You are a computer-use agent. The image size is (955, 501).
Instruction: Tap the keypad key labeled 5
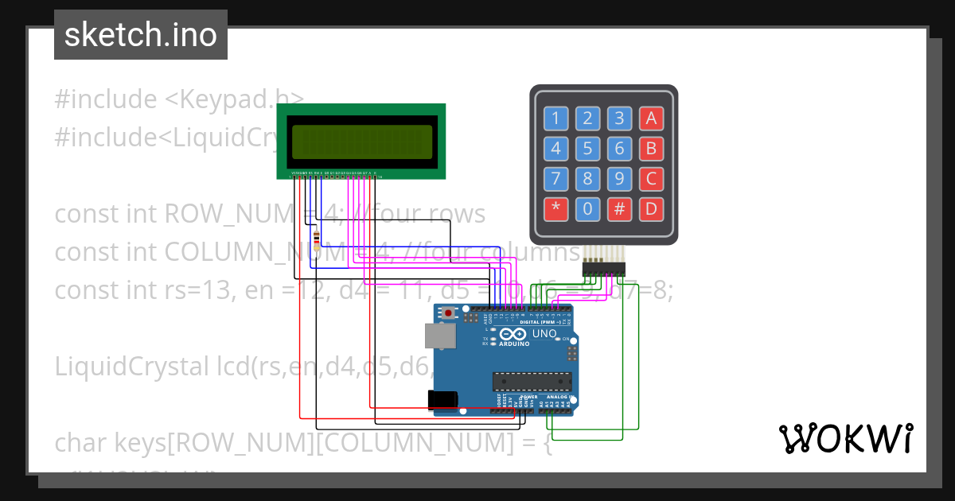(587, 149)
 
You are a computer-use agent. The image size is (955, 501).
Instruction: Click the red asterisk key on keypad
(555, 209)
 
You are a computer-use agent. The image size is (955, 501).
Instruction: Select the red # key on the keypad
(619, 209)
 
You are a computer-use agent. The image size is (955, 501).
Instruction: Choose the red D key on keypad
(651, 209)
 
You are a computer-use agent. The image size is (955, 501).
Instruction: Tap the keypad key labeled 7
(555, 179)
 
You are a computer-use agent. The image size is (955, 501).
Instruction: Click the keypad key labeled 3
(619, 118)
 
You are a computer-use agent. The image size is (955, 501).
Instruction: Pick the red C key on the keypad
(651, 179)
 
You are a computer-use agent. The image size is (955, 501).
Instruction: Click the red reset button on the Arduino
(449, 313)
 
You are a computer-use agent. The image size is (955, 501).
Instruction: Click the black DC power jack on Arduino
(442, 400)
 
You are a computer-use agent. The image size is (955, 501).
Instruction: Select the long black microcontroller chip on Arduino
(532, 382)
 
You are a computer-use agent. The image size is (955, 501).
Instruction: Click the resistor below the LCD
(318, 239)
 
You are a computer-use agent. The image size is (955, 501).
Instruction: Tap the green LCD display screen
(361, 142)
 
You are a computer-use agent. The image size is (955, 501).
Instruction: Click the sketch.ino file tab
(141, 35)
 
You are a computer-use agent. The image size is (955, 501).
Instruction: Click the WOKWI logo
(845, 439)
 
